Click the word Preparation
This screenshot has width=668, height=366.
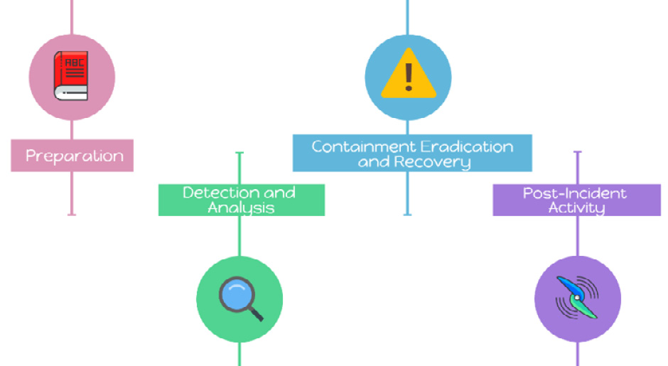[75, 156]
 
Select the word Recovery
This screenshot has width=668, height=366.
[433, 162]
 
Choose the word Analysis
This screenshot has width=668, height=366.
[241, 208]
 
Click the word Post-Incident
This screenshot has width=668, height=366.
[575, 193]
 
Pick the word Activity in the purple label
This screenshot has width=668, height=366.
[576, 208]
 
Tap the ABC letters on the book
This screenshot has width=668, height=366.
[74, 63]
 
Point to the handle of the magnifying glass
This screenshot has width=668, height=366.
[254, 312]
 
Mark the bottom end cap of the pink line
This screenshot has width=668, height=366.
[72, 214]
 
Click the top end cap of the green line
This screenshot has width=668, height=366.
[239, 152]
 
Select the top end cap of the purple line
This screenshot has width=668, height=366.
[577, 152]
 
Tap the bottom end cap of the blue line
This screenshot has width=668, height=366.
[407, 214]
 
